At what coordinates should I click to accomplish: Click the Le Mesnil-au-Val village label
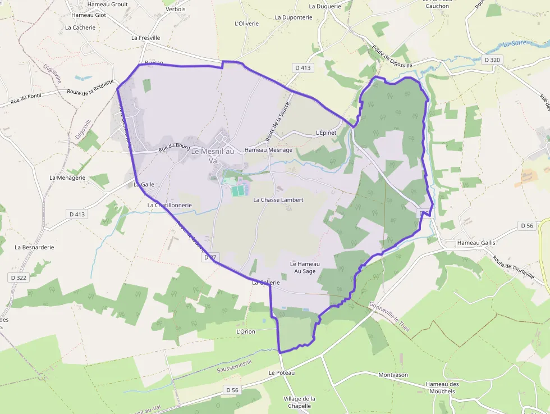pyautogui.click(x=213, y=156)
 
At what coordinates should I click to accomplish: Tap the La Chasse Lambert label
pyautogui.click(x=278, y=200)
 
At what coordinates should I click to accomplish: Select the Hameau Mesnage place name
pyautogui.click(x=268, y=150)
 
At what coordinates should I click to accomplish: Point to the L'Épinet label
pyautogui.click(x=326, y=133)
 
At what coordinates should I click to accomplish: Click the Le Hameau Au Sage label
pyautogui.click(x=305, y=267)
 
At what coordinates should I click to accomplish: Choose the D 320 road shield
pyautogui.click(x=492, y=60)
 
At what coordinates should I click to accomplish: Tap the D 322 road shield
pyautogui.click(x=19, y=277)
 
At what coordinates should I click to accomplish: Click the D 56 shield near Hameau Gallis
pyautogui.click(x=526, y=226)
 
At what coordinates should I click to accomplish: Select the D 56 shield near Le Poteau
pyautogui.click(x=233, y=390)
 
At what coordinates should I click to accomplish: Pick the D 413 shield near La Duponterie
pyautogui.click(x=302, y=67)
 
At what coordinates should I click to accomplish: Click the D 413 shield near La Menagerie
pyautogui.click(x=77, y=214)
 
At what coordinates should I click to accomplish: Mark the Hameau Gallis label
pyautogui.click(x=476, y=243)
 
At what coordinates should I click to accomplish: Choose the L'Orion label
pyautogui.click(x=246, y=331)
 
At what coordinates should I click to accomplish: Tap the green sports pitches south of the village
pyautogui.click(x=239, y=191)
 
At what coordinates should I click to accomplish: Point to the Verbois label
pyautogui.click(x=176, y=10)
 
